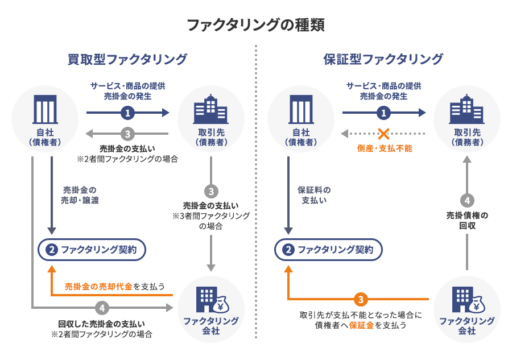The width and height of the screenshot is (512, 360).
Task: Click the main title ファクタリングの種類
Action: pyautogui.click(x=256, y=26)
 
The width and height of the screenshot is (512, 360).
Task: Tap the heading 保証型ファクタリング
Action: pyautogui.click(x=383, y=59)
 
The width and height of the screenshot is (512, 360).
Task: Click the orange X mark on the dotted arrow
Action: pyautogui.click(x=384, y=134)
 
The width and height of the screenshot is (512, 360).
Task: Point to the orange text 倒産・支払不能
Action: pyautogui.click(x=384, y=148)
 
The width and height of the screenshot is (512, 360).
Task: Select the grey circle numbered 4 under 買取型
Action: pyautogui.click(x=102, y=308)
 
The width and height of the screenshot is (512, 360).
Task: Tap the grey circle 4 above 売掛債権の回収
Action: pyautogui.click(x=466, y=201)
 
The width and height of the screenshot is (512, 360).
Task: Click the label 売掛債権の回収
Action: pyautogui.click(x=466, y=221)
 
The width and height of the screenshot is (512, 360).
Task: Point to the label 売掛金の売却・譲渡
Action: pyautogui.click(x=80, y=195)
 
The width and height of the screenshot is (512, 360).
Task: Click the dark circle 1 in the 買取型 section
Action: pyautogui.click(x=128, y=113)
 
